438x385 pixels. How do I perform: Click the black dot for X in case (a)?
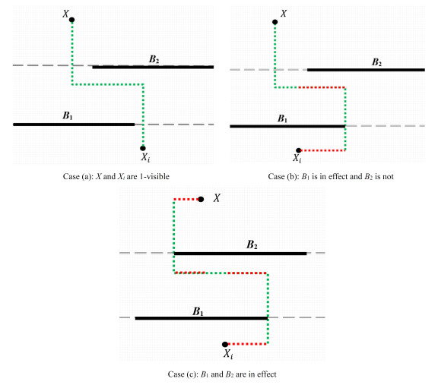[x=71, y=20]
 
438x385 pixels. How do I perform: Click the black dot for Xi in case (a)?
[x=143, y=148]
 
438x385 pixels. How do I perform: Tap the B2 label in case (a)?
[x=154, y=59]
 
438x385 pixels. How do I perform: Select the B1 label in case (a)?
[x=68, y=115]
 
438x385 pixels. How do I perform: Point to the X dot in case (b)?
[x=275, y=22]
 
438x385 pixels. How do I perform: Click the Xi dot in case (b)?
[x=298, y=150]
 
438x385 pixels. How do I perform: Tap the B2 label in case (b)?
[x=376, y=62]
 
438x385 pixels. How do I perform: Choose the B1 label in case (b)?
[x=282, y=118]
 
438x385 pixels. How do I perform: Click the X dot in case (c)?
[x=201, y=199]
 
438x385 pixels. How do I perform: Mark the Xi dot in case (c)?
[x=225, y=344]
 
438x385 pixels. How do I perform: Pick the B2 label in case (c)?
[x=252, y=245]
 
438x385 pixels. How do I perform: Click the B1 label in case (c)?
[x=198, y=311]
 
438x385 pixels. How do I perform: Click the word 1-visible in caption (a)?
[x=154, y=177]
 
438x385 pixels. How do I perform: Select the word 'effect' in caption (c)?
[x=266, y=374]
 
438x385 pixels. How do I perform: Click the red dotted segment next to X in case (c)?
[x=186, y=199]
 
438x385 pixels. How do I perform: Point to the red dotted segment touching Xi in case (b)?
[x=323, y=150]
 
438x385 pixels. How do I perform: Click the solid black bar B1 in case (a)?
[x=74, y=125]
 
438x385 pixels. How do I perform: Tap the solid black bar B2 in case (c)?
[x=240, y=254]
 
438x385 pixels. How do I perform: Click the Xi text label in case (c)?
[x=228, y=354]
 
